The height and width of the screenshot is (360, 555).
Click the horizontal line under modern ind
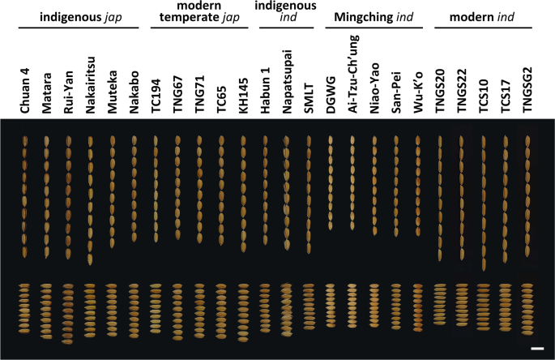(x=485, y=27)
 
